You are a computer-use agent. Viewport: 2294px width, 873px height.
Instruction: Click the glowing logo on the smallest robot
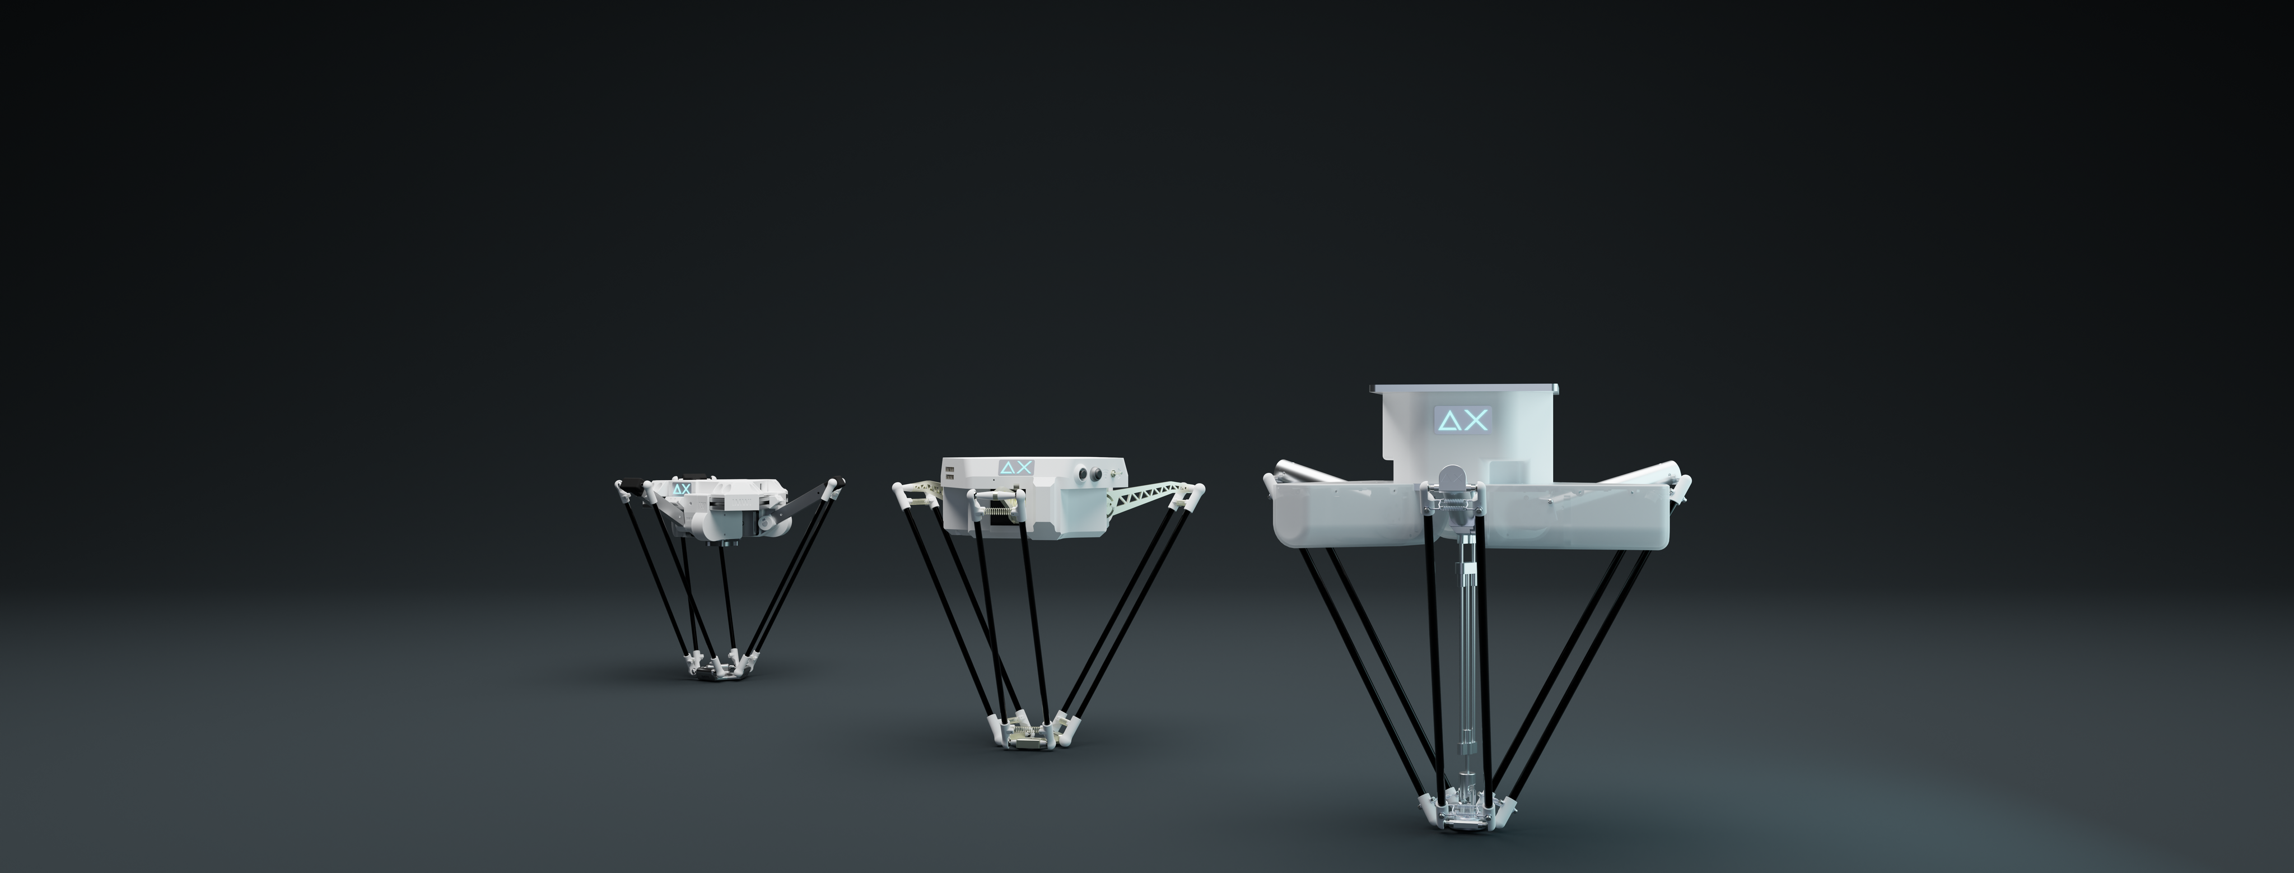(681, 489)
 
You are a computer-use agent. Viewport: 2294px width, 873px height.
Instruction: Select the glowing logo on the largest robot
(1461, 420)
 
